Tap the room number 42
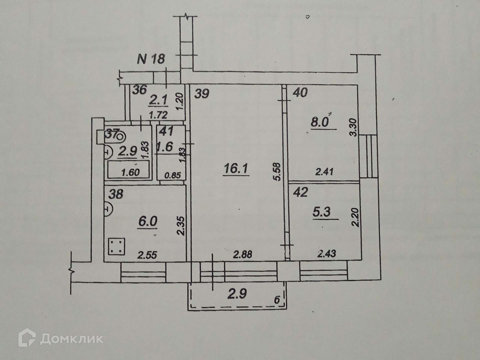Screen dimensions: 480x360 pyautogui.click(x=301, y=193)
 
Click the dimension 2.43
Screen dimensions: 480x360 pyautogui.click(x=326, y=254)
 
